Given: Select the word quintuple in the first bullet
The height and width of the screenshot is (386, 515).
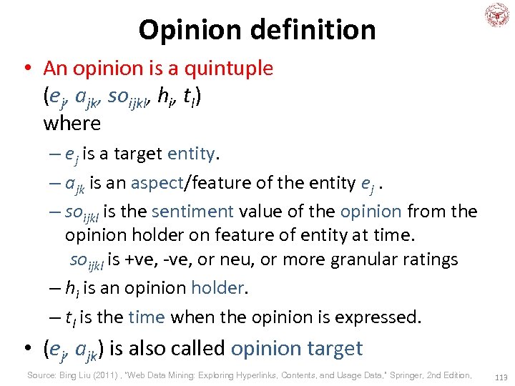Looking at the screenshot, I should (x=229, y=69).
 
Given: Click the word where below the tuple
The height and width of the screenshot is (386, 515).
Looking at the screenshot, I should (x=72, y=123).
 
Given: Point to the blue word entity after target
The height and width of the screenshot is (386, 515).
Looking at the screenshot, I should (x=191, y=154).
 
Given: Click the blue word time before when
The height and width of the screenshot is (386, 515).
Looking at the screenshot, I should (x=146, y=317).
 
